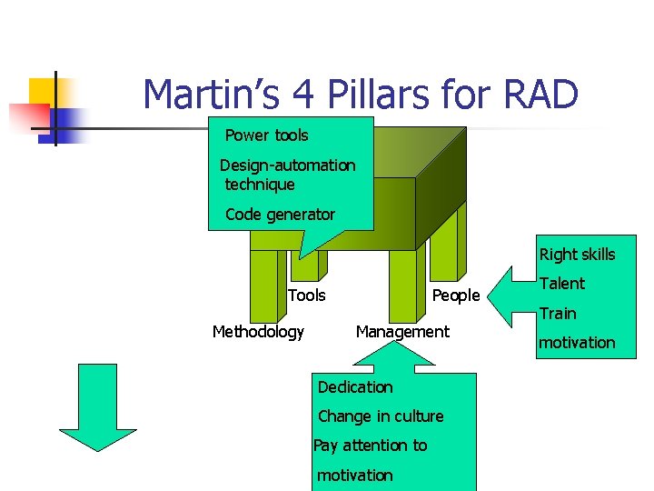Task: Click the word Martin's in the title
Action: pos(213,95)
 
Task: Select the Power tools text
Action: pos(266,135)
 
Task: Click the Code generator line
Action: pos(280,215)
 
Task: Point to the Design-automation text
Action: pos(288,165)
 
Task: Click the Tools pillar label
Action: pos(306,295)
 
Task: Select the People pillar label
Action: pos(455,296)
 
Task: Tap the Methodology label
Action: pos(258,332)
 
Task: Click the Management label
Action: pos(402,332)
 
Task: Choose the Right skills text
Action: pos(577,255)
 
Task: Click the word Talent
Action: pos(562,284)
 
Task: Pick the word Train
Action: pos(558,314)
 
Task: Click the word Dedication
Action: pos(355,387)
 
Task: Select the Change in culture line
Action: pos(381,416)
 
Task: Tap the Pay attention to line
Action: pos(370,446)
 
